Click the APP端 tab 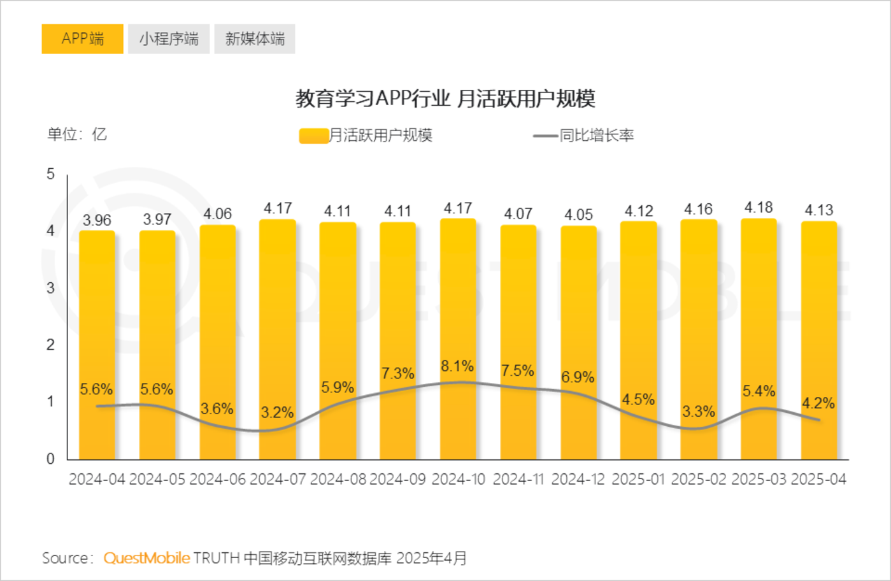click(82, 39)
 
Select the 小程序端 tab click(169, 39)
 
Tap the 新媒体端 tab click(255, 39)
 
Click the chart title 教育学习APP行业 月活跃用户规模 click(445, 99)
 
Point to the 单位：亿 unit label click(77, 134)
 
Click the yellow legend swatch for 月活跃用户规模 click(313, 136)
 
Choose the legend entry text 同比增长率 click(597, 136)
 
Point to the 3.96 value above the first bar click(97, 220)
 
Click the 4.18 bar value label click(759, 208)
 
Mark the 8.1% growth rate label click(457, 366)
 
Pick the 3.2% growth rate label click(277, 412)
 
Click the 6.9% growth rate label click(578, 377)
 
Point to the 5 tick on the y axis click(51, 174)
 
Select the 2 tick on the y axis click(51, 345)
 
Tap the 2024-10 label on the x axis click(458, 480)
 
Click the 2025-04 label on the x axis click(818, 480)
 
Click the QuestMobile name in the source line click(146, 558)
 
